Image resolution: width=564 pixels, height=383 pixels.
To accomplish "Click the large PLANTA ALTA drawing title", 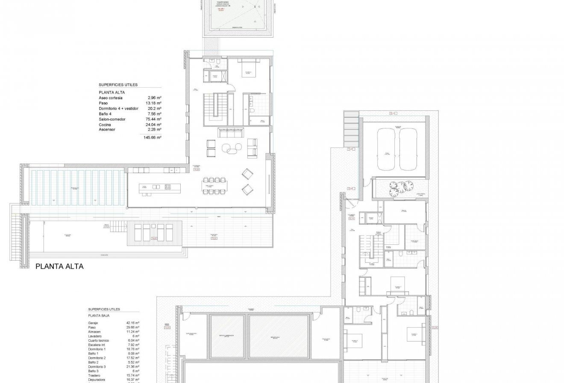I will [x=59, y=266].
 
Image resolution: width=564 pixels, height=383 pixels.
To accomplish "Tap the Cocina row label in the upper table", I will [x=105, y=125].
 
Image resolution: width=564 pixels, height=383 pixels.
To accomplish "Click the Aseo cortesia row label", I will [x=111, y=98].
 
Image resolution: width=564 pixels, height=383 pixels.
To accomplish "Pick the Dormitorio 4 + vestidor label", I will [x=119, y=109].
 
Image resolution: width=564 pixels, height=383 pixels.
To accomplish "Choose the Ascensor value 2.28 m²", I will [x=154, y=129].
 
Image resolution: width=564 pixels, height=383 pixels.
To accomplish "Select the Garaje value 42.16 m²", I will [x=133, y=323].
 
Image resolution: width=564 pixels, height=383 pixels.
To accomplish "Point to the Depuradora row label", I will [x=97, y=379].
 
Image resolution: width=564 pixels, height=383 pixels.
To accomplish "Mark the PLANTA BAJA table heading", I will [x=99, y=315].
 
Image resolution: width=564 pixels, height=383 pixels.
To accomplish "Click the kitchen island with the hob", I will [x=156, y=187].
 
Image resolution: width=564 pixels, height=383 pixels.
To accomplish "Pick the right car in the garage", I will [x=409, y=150].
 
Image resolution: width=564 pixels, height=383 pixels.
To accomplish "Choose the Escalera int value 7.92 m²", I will [x=133, y=346].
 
